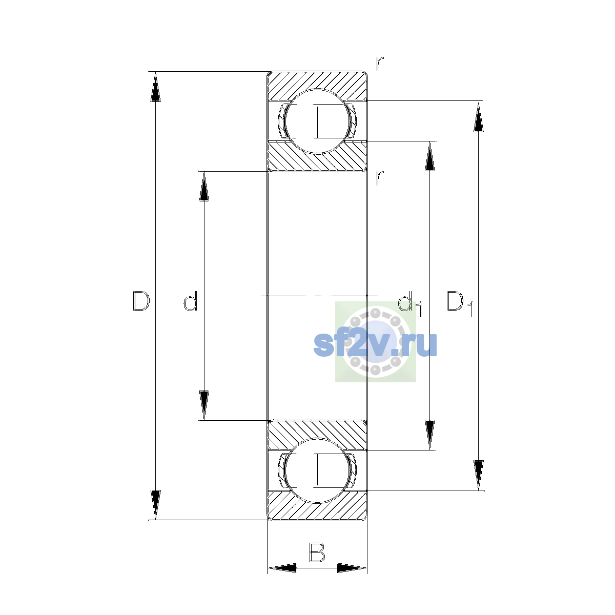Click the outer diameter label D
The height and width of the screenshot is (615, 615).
click(x=141, y=301)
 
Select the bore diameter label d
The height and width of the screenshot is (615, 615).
click(x=191, y=301)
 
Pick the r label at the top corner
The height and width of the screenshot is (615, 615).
click(x=379, y=64)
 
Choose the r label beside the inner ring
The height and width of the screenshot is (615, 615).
click(x=379, y=178)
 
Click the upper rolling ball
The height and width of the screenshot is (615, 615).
click(x=317, y=121)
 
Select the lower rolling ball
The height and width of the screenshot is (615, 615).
click(x=317, y=471)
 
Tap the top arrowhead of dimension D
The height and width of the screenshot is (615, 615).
click(x=155, y=87)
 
